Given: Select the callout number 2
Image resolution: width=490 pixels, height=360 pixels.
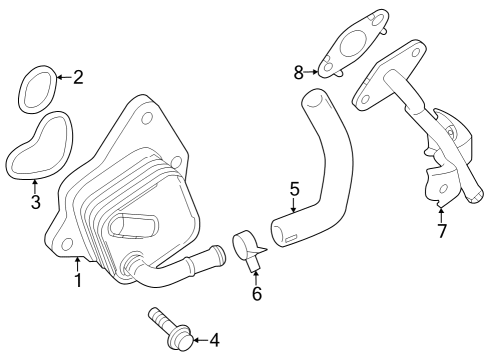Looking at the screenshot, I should point(78,76).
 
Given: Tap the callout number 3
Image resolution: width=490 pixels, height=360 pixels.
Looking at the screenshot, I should point(35,203).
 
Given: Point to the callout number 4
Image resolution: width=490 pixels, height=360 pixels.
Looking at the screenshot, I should point(212,341).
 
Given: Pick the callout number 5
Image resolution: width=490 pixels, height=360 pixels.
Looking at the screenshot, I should point(294,187).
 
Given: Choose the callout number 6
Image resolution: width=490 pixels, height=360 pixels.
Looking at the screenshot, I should point(256,294).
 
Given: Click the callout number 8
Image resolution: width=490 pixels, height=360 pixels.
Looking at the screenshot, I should point(298,71).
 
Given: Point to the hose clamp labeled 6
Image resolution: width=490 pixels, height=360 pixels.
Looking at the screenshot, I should point(245,247).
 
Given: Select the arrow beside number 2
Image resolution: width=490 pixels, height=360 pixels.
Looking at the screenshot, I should point(62,76).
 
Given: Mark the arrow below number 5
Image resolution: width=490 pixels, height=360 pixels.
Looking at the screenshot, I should point(294,205).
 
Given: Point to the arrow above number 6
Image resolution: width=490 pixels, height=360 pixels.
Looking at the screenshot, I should point(256,274).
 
